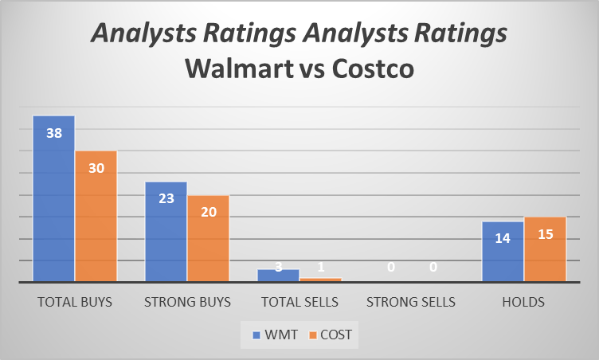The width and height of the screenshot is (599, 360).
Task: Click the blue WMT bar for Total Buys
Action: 53,199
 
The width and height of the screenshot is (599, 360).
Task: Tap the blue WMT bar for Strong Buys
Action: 166,232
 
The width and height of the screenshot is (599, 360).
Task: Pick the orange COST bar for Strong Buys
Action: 208,238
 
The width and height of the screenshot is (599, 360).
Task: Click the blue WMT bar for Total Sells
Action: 278,275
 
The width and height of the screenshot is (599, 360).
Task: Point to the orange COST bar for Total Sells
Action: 320,279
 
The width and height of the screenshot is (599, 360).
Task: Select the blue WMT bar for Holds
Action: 503,252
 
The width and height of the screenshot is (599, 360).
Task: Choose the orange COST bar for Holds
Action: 545,249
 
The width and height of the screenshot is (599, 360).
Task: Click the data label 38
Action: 54,134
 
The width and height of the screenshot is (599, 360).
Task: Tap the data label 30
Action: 96,168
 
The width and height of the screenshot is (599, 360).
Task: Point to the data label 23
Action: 166,198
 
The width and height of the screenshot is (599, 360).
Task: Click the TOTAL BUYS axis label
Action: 75,303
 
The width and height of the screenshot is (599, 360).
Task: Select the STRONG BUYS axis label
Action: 187,303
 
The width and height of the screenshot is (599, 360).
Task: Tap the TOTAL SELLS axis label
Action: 299,303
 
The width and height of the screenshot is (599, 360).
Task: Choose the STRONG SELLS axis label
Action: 411,303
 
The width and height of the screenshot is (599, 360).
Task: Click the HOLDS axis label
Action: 524,303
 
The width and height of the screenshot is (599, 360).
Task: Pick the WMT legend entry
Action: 275,335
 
